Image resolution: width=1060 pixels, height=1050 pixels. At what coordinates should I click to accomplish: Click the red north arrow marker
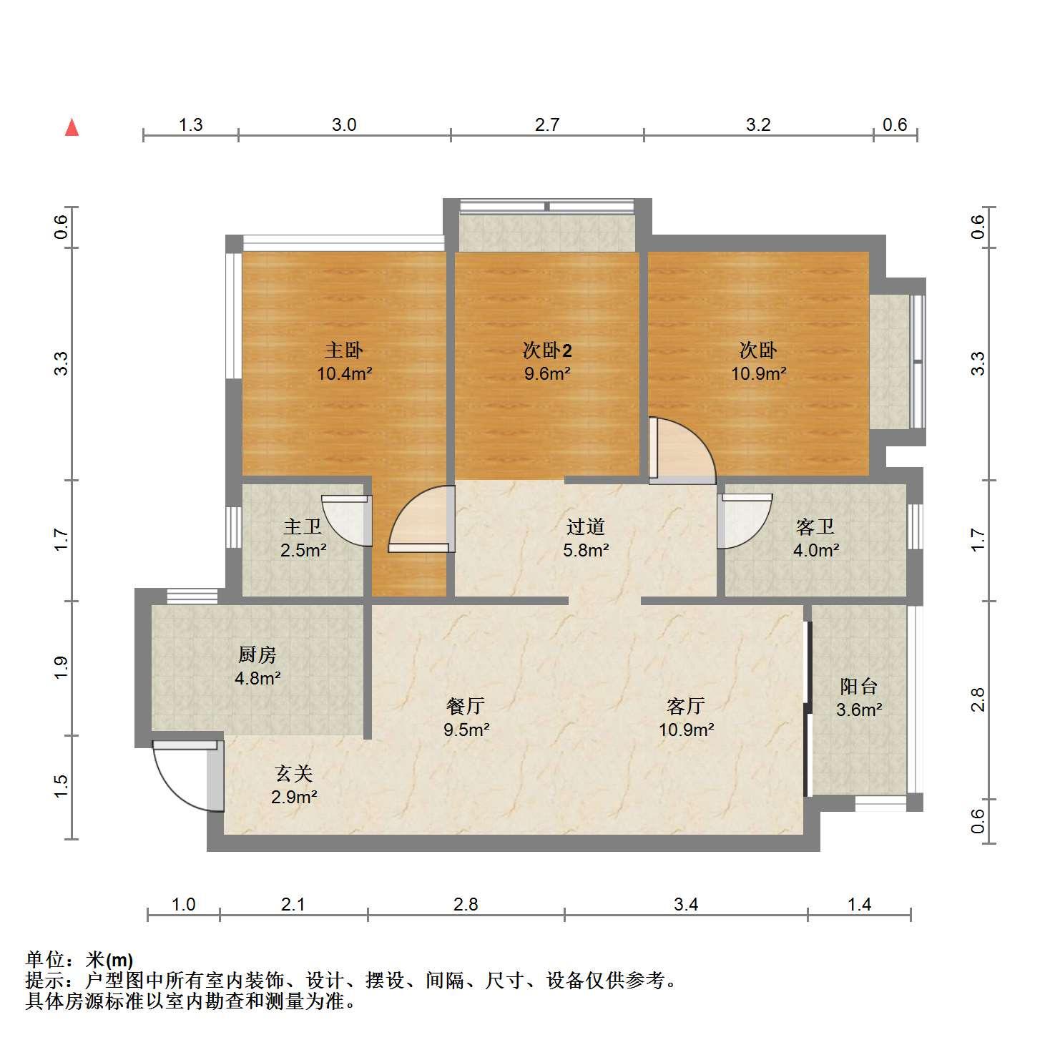click(72, 127)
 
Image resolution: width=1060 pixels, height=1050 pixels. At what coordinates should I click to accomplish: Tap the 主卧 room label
click(344, 350)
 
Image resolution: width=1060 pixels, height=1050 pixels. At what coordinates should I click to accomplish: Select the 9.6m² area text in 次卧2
click(547, 373)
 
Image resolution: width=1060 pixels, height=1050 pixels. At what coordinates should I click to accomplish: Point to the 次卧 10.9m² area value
click(758, 373)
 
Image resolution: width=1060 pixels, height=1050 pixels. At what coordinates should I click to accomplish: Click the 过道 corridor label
click(586, 526)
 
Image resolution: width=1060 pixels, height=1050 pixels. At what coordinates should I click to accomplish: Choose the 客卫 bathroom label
click(815, 527)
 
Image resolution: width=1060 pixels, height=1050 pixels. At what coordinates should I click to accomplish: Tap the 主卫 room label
click(303, 527)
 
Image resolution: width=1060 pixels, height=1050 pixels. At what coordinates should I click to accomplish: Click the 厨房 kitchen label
click(257, 654)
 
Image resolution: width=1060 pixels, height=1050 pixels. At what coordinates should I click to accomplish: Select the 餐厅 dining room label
click(466, 707)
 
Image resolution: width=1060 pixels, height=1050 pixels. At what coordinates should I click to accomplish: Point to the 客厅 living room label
click(686, 707)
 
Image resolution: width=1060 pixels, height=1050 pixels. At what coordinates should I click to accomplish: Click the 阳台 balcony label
click(858, 687)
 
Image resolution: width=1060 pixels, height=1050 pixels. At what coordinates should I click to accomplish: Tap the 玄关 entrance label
click(294, 773)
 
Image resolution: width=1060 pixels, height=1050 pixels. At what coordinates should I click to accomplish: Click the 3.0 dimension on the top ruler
click(344, 125)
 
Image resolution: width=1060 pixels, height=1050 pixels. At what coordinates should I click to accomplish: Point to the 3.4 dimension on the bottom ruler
click(685, 905)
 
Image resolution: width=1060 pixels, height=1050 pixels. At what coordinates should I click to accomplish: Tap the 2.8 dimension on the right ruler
click(978, 700)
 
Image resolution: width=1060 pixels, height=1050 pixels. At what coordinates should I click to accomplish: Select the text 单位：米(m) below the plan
click(79, 960)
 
